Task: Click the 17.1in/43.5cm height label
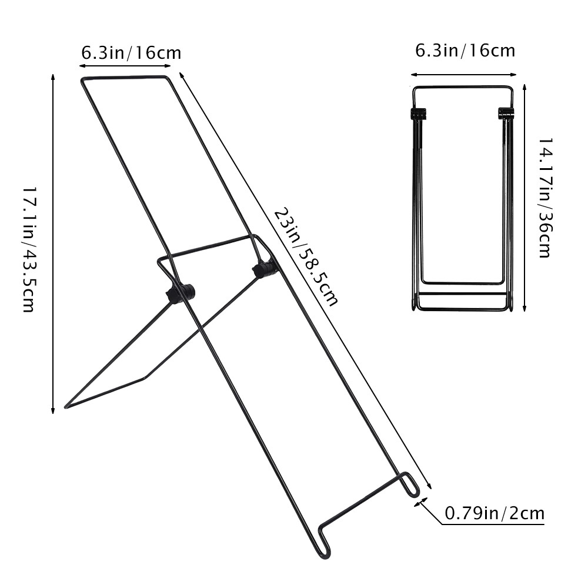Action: (x=28, y=249)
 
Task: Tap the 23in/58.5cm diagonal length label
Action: (x=306, y=256)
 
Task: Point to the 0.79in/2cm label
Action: (x=494, y=513)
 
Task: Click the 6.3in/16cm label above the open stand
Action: (x=131, y=53)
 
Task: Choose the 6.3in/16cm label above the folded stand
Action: (x=465, y=51)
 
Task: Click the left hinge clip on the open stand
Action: (x=181, y=293)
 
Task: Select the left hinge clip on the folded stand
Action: (x=417, y=113)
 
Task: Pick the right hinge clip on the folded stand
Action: (x=506, y=113)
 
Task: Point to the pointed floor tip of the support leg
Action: (x=66, y=406)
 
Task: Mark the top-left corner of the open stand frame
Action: (x=82, y=79)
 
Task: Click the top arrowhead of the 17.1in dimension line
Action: (x=54, y=76)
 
